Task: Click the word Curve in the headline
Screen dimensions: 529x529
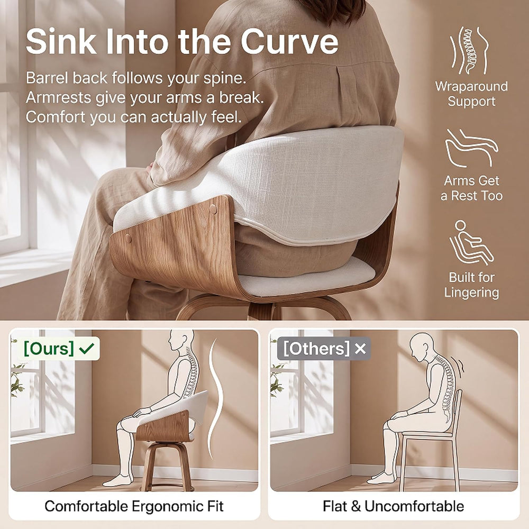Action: pyautogui.click(x=289, y=41)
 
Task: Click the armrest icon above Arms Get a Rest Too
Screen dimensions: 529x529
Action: pyautogui.click(x=471, y=149)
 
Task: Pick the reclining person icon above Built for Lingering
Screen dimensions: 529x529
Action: pyautogui.click(x=471, y=242)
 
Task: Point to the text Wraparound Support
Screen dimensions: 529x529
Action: pyautogui.click(x=471, y=94)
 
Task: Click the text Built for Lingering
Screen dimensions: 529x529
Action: pyautogui.click(x=471, y=285)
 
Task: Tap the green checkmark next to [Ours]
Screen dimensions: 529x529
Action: pyautogui.click(x=86, y=348)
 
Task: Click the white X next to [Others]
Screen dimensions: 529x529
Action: pyautogui.click(x=360, y=349)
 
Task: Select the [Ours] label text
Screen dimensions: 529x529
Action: pyautogui.click(x=49, y=348)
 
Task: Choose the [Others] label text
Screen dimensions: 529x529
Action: pyautogui.click(x=316, y=349)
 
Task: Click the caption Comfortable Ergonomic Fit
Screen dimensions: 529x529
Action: pyautogui.click(x=134, y=506)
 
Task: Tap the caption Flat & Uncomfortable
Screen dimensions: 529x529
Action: pyautogui.click(x=393, y=506)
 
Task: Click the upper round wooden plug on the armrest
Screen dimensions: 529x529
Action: pyautogui.click(x=213, y=209)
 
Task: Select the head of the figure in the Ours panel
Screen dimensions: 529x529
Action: pyautogui.click(x=181, y=340)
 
